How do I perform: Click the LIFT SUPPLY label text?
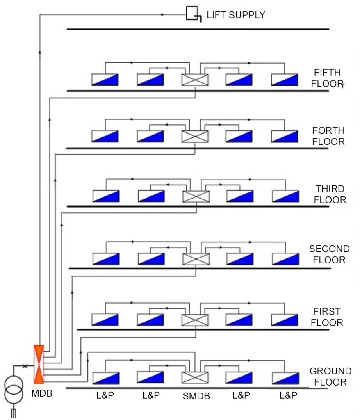pos(236,15)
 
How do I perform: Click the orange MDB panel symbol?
pos(39,363)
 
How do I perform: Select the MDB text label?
pos(42,394)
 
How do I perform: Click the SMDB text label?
pos(196,396)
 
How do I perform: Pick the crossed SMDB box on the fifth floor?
pos(195,80)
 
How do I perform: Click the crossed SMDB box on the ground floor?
pos(195,378)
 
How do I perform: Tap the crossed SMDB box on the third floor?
pos(196,196)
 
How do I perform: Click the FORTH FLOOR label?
pos(328,136)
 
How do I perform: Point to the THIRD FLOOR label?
pos(330,194)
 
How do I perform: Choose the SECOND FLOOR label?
pos(329,254)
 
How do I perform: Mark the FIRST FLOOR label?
pos(327,317)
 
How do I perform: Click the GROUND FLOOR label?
pos(330,377)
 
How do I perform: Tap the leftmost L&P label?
pos(105,395)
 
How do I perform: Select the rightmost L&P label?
pos(288,395)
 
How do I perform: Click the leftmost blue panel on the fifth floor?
pos(105,80)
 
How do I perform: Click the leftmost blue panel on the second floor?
pos(106,259)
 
